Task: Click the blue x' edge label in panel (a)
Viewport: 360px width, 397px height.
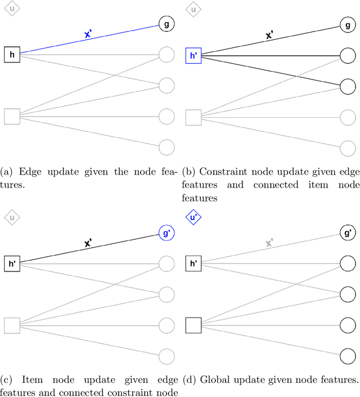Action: pyautogui.click(x=88, y=34)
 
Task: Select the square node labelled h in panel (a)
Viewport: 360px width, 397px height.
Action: pyautogui.click(x=12, y=55)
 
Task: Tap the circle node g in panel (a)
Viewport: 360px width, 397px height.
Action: pyautogui.click(x=166, y=24)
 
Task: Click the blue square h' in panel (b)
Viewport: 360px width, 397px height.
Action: pyautogui.click(x=193, y=55)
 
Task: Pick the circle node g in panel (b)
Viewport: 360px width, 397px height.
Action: pyautogui.click(x=348, y=24)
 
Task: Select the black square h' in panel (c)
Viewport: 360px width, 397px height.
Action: pyautogui.click(x=12, y=263)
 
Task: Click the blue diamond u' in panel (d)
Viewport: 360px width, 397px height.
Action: pyautogui.click(x=193, y=217)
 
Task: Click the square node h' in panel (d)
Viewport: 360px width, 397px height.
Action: pyautogui.click(x=193, y=263)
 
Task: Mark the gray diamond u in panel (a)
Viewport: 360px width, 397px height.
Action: pyautogui.click(x=11, y=10)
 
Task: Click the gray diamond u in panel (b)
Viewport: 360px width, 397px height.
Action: pyautogui.click(x=193, y=10)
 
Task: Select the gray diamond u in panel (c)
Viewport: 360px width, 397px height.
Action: pyautogui.click(x=11, y=217)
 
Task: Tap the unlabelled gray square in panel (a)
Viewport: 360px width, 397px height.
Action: pyautogui.click(x=12, y=117)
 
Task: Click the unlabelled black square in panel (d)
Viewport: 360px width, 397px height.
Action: pyautogui.click(x=193, y=325)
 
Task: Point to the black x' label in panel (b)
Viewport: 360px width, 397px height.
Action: pyautogui.click(x=270, y=34)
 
